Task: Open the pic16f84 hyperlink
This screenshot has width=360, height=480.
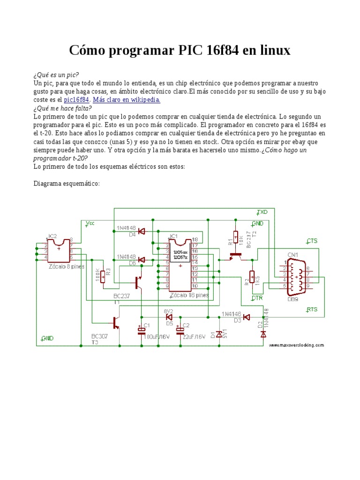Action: pyautogui.click(x=76, y=100)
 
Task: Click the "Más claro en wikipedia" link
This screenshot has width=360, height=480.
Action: pyautogui.click(x=127, y=100)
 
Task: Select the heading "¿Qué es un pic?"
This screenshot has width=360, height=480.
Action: pyautogui.click(x=56, y=75)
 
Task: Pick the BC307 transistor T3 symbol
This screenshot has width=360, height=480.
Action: pyautogui.click(x=115, y=322)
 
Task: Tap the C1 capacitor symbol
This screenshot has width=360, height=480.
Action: pyautogui.click(x=141, y=331)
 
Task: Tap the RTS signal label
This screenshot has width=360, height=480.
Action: pyautogui.click(x=312, y=309)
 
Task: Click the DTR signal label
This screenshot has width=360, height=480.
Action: pyautogui.click(x=257, y=298)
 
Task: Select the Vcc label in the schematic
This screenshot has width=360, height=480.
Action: pyautogui.click(x=90, y=224)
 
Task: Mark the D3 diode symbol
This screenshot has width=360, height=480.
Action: pyautogui.click(x=247, y=317)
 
